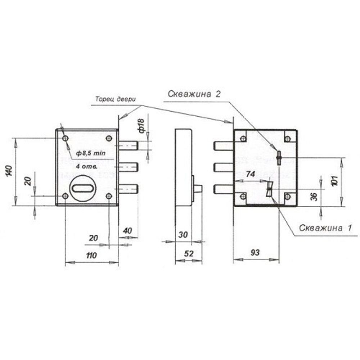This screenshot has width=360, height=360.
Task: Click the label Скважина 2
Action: [x=194, y=94]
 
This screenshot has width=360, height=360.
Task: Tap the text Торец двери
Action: [x=116, y=99]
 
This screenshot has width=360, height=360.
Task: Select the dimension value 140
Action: [x=9, y=171]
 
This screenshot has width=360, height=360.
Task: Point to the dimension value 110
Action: [x=91, y=255]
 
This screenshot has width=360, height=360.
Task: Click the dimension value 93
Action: [x=255, y=253]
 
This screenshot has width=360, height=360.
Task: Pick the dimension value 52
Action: [x=189, y=254]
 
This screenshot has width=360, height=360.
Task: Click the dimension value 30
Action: [x=183, y=235]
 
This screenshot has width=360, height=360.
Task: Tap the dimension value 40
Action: [x=127, y=230]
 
